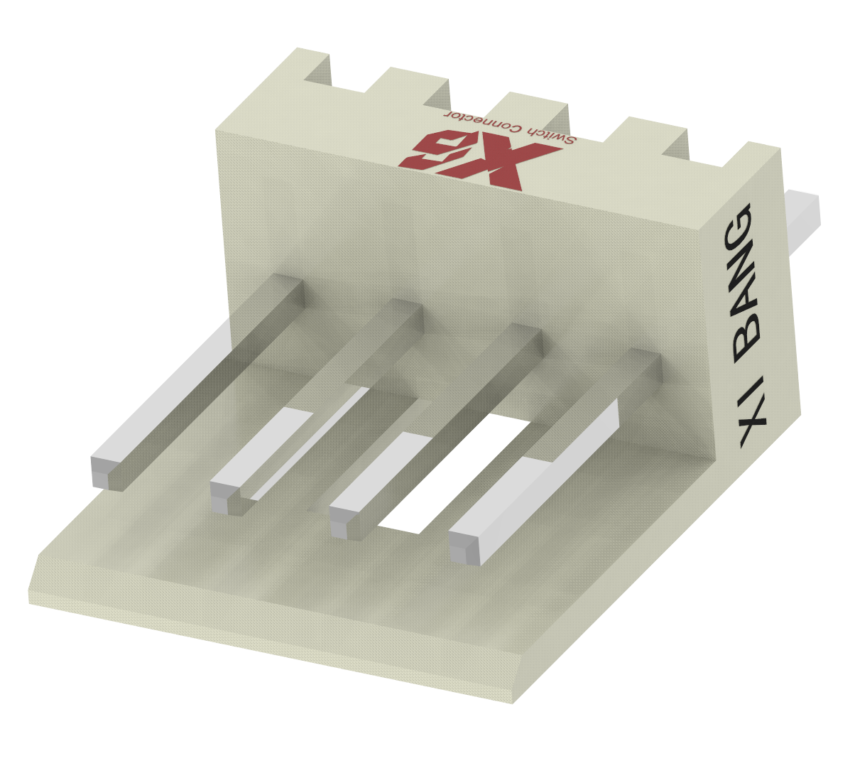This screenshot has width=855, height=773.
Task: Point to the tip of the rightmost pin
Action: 463,548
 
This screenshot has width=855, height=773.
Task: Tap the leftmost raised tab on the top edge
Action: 312,65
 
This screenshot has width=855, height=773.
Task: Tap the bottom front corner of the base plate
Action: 513,700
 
